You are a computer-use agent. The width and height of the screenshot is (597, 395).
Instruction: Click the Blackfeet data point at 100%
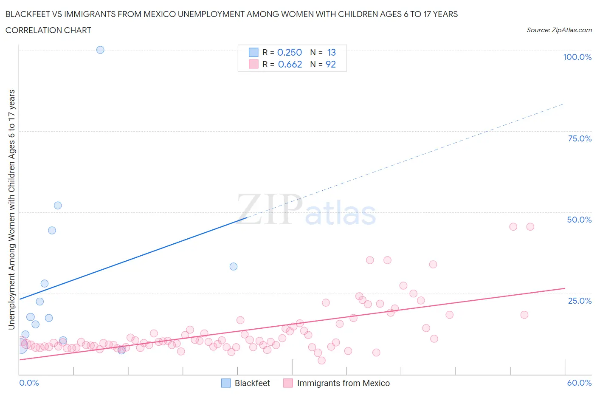click(100, 50)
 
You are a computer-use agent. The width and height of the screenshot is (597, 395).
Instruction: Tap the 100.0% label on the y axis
click(577, 57)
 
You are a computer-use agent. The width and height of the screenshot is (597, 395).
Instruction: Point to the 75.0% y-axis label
click(580, 138)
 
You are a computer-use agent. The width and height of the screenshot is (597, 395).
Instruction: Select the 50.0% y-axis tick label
click(579, 220)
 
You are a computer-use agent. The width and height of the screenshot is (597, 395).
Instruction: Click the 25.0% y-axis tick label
click(580, 301)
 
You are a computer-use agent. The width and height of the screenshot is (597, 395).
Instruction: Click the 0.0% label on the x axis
click(29, 383)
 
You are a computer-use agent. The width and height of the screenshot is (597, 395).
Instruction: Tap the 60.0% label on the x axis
click(579, 383)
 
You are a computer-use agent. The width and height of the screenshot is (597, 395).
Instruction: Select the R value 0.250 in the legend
click(290, 52)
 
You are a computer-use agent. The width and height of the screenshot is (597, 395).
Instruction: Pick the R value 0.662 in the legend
click(290, 64)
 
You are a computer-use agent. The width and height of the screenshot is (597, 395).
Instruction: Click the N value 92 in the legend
click(331, 64)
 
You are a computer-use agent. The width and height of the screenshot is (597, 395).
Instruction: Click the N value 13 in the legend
click(331, 52)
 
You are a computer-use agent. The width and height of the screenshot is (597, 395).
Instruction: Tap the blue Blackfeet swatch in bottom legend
click(226, 383)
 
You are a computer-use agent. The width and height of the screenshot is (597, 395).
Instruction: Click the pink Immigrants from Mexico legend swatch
click(288, 383)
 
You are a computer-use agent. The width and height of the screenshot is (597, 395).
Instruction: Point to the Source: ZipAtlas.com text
click(559, 30)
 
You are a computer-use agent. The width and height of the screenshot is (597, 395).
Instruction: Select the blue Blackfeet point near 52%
click(58, 205)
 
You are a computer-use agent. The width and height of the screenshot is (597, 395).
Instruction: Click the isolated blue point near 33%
click(234, 266)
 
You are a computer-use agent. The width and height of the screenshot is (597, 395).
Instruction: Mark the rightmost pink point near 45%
click(530, 226)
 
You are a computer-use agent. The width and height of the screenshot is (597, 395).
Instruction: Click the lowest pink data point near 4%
click(321, 360)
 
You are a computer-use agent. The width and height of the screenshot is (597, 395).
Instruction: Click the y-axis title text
click(11, 209)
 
